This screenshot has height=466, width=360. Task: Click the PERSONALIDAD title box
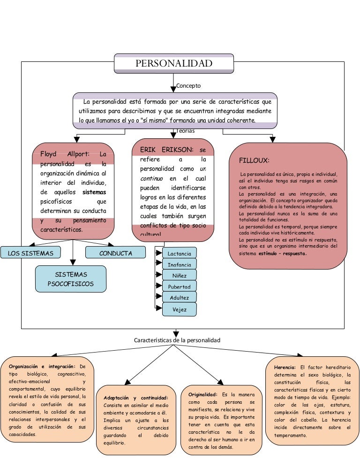tap(174, 63)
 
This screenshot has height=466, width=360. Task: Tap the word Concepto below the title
tap(188, 86)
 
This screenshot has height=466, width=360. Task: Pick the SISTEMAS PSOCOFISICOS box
tap(70, 279)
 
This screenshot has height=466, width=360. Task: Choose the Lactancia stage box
tap(179, 254)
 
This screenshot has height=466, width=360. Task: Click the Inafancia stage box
tap(179, 265)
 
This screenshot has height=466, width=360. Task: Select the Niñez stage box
tap(179, 276)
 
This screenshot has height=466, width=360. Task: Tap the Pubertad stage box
tap(179, 286)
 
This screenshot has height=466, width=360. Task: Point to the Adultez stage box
tap(179, 298)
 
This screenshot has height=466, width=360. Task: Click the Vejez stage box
tap(179, 309)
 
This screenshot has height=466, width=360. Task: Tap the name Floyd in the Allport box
tap(48, 154)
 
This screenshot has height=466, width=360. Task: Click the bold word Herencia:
tap(285, 367)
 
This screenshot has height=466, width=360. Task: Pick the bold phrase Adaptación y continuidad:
tap(136, 398)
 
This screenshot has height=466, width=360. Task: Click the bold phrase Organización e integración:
tap(38, 366)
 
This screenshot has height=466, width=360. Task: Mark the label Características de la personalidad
tap(177, 340)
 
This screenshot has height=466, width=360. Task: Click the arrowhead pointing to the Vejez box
tap(158, 308)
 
